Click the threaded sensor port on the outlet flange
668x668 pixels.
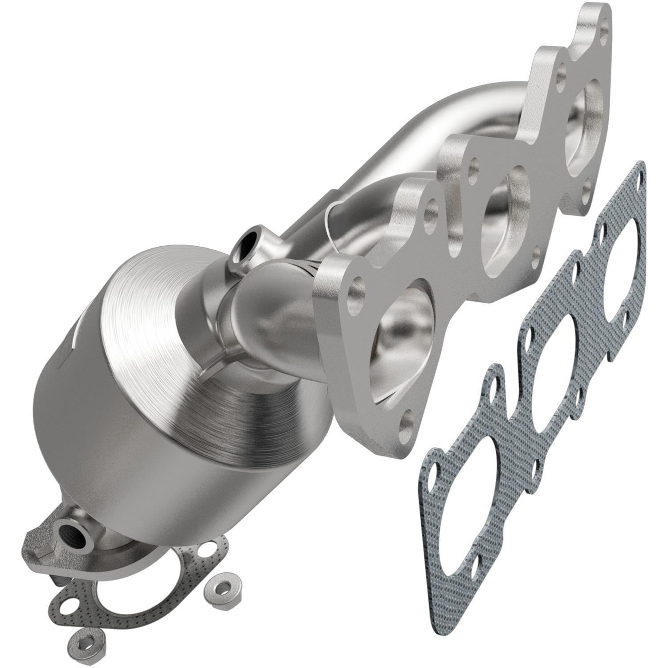(71, 531)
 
